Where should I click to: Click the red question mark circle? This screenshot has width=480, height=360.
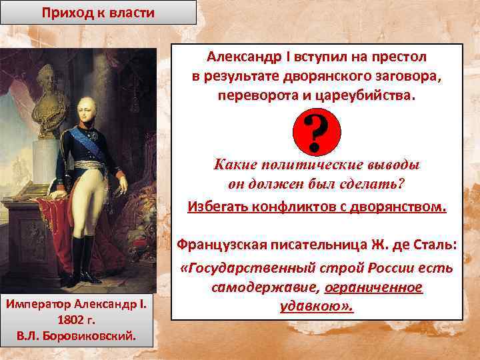pos(316,131)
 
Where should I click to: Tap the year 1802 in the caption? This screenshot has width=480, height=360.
pos(71,320)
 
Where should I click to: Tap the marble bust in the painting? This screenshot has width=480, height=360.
pos(46,100)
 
